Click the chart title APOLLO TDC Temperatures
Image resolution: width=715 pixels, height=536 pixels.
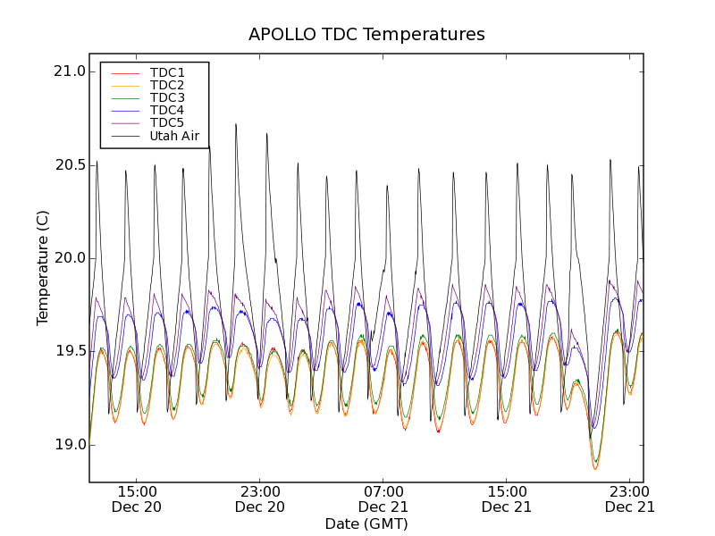point(366,35)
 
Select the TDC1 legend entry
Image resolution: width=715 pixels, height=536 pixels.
point(167,72)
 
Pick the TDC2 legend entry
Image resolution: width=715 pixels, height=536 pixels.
point(167,85)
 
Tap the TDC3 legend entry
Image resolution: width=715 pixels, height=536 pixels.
point(167,97)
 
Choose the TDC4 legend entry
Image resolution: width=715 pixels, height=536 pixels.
point(167,110)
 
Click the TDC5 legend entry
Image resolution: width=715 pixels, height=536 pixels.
point(167,122)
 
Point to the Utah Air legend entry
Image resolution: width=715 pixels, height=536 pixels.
point(174,136)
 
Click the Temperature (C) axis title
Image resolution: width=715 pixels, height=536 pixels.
point(43,267)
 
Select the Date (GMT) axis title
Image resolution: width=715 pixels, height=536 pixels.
point(366,523)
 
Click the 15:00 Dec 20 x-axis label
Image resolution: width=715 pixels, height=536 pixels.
point(137,498)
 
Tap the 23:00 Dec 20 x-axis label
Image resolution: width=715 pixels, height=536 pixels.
point(260,498)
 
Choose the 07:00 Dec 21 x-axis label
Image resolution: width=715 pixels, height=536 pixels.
point(383,498)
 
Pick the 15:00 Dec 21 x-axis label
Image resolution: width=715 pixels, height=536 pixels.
point(507,498)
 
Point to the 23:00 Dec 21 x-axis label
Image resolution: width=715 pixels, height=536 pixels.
point(630,498)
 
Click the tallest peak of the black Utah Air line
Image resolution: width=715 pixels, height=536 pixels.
point(236,125)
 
